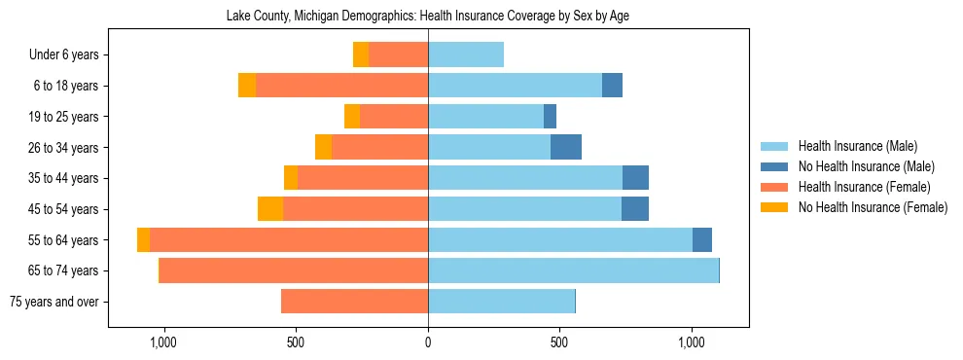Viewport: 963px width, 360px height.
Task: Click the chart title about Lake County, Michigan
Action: [x=428, y=17]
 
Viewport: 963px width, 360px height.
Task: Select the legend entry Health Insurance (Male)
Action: [x=857, y=146]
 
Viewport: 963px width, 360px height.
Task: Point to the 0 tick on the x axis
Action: [x=428, y=343]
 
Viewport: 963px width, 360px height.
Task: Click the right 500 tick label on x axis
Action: [x=559, y=343]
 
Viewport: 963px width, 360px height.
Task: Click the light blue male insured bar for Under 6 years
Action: [x=466, y=55]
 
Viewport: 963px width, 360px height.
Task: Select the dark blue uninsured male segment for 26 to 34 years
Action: [x=566, y=148]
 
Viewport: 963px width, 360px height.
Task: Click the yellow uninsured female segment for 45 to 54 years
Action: [x=270, y=209]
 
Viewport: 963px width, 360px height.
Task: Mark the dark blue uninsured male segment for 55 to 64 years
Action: [x=702, y=240]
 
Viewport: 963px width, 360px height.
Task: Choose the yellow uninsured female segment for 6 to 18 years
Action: [x=247, y=86]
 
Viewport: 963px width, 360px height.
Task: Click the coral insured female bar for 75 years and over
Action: [x=355, y=302]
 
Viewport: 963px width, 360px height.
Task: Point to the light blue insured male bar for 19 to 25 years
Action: [x=485, y=117]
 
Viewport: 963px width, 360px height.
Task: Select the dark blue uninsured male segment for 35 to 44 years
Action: [x=635, y=178]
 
